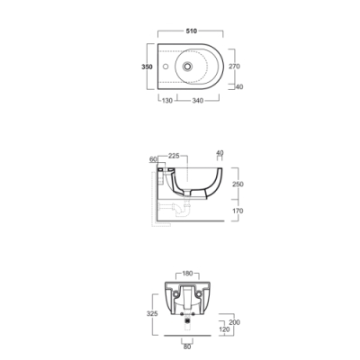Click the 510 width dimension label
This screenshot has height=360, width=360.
191,31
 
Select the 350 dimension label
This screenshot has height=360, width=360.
147,67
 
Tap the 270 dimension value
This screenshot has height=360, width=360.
234,67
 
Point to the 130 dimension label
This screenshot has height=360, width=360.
167,101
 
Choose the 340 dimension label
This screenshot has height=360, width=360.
198,101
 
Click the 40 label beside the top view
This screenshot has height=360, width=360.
239,87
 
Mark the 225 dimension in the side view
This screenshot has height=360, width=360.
174,156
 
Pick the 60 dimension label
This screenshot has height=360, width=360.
153,159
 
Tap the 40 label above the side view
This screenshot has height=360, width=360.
220,153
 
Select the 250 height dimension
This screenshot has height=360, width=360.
238,184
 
